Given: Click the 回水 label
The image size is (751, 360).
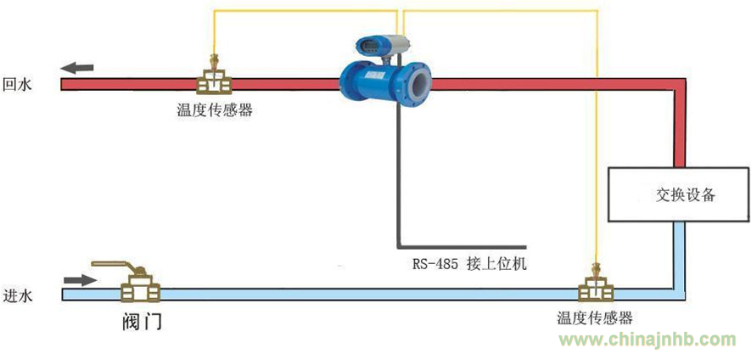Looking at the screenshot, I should [17, 84].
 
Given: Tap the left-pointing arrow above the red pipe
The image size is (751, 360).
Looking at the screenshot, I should [77, 68].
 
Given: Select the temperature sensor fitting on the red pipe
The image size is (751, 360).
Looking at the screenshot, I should [216, 80].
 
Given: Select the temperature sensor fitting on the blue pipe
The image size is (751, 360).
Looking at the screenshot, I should [596, 290].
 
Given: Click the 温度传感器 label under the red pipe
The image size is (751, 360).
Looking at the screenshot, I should [214, 110].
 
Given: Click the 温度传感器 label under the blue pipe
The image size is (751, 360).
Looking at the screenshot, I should [595, 318].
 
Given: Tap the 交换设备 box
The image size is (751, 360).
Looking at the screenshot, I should [680, 194].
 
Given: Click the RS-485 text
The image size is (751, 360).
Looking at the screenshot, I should [434, 263].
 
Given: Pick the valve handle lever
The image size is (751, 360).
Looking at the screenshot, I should [110, 266].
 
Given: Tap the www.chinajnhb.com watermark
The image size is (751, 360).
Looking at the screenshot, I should [646, 340].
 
